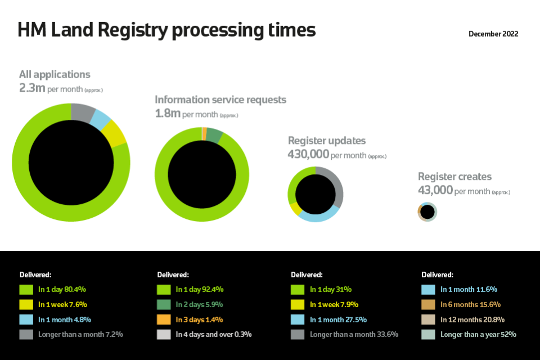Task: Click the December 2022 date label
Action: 493,34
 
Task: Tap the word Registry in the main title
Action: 133,30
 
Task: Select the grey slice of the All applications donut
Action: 83,112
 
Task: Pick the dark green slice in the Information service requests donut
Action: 214,135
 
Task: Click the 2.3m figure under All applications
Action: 32,88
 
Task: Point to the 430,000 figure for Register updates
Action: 308,154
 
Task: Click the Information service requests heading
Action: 220,100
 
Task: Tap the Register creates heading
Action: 454,177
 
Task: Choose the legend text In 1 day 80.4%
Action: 62,289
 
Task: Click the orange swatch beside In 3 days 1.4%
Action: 164,319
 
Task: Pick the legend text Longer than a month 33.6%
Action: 354,335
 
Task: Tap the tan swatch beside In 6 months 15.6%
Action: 428,304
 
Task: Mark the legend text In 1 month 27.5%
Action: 338,319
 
